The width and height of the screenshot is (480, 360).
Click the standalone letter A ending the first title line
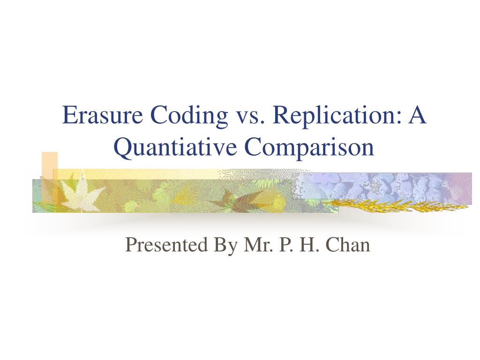pos(417,116)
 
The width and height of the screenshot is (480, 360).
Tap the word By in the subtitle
pos(224,244)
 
